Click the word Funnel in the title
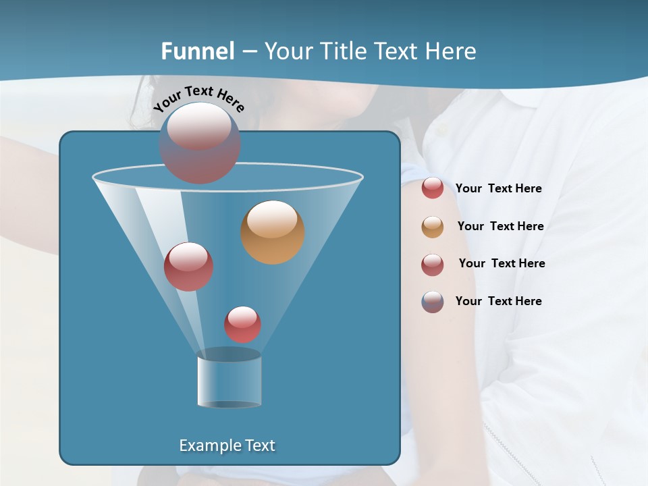pos(197,51)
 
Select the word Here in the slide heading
pos(451,51)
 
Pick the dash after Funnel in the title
pos(248,52)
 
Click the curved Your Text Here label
pos(198,98)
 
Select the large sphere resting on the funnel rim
pos(199,143)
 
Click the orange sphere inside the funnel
pos(273,232)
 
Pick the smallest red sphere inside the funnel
pos(243,325)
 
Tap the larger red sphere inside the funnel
pos(188,267)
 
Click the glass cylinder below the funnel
pos(229,381)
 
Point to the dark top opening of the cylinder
pos(229,354)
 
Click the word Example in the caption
pos(211,446)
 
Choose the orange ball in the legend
pos(433,227)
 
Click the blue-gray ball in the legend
pos(433,302)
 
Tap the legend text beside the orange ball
pos(500,226)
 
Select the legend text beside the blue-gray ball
pos(498,301)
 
